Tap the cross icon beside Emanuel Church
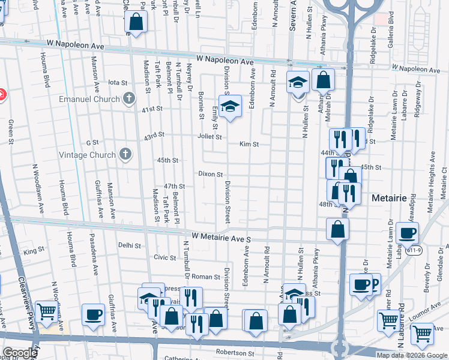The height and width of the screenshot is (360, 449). (x=128, y=98)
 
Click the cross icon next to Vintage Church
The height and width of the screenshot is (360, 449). (x=125, y=154)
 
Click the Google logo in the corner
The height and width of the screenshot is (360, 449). (x=20, y=352)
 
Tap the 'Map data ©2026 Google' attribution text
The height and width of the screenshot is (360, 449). (x=412, y=355)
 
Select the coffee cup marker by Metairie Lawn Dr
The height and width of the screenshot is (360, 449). (x=407, y=233)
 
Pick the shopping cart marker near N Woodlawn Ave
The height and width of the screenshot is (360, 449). (x=47, y=311)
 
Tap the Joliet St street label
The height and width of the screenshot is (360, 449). (x=210, y=137)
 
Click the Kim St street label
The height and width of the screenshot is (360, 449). (x=249, y=145)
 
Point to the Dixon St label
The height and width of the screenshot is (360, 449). (x=211, y=174)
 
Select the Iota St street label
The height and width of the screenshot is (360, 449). (x=118, y=82)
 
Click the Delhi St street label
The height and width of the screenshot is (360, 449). (x=128, y=245)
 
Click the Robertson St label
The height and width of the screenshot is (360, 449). (x=235, y=353)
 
